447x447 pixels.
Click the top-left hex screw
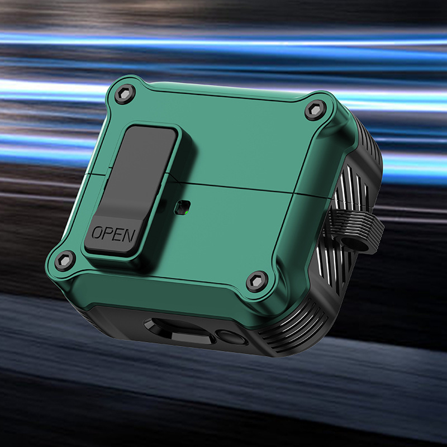click(x=125, y=94)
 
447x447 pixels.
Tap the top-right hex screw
click(x=315, y=110)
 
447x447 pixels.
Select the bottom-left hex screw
click(x=65, y=261)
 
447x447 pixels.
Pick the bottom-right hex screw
click(x=257, y=282)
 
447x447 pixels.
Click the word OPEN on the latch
click(x=113, y=234)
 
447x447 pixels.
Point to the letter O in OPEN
click(x=97, y=232)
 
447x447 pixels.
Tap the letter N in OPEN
click(x=130, y=235)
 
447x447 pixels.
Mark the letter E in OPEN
click(x=118, y=234)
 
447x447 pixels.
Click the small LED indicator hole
click(x=183, y=207)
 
